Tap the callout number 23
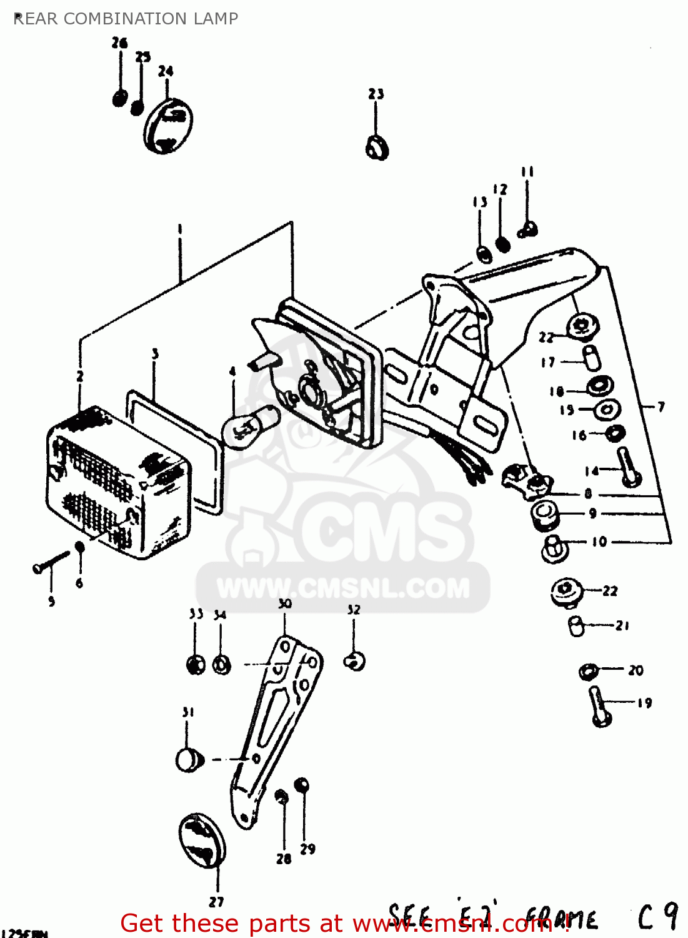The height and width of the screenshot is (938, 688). pos(376,94)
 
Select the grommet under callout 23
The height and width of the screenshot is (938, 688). pos(377,147)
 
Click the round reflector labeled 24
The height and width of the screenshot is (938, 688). pos(168,125)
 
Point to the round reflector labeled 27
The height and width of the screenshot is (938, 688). pos(202,841)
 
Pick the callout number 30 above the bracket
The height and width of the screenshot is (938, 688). pos(285,603)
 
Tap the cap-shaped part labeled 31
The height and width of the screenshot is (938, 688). pos(189,759)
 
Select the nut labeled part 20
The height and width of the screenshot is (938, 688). pos(587,672)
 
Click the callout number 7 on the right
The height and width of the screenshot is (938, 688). pos(661,406)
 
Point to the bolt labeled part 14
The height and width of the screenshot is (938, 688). pos(627,468)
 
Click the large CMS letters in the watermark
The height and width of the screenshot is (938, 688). pos(381,530)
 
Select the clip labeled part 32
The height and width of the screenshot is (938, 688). pos(355,661)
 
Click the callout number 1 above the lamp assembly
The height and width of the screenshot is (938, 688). pos(180,229)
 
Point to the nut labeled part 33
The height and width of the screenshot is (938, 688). pos(196,664)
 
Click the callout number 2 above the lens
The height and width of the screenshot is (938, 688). pos(80,376)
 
